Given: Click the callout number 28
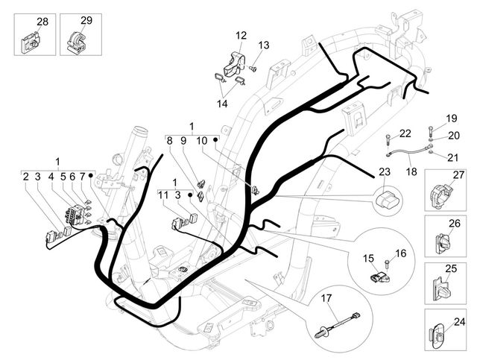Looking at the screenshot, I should coord(42,22).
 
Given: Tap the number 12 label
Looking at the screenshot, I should coord(241,35).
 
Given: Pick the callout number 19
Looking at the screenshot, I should coord(451,119).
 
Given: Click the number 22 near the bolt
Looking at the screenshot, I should coord(405,133).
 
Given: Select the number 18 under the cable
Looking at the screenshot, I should coord(411,171).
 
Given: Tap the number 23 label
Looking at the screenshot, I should coord(385,171).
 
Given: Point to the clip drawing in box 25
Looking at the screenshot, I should coord(442,285).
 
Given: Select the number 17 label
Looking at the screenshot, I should coord(325,298).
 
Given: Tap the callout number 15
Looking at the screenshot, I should coord(367,258).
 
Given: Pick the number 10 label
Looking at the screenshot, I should coord(200,140).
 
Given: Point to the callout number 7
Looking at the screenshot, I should coord(83,177).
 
